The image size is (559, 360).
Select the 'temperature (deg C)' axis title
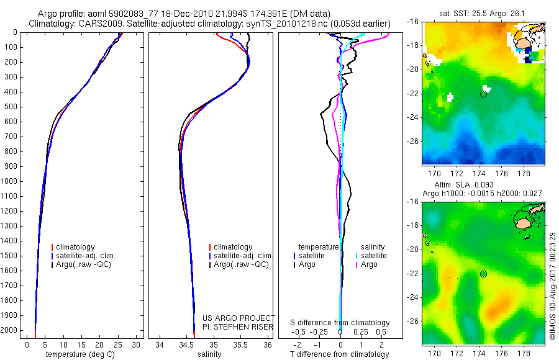(78, 354)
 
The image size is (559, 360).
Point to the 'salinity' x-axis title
(208, 354)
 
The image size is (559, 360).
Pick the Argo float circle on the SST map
(483, 94)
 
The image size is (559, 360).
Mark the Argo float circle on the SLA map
(483, 274)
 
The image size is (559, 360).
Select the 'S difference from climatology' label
(340, 323)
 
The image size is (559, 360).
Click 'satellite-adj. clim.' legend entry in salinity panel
(243, 256)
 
